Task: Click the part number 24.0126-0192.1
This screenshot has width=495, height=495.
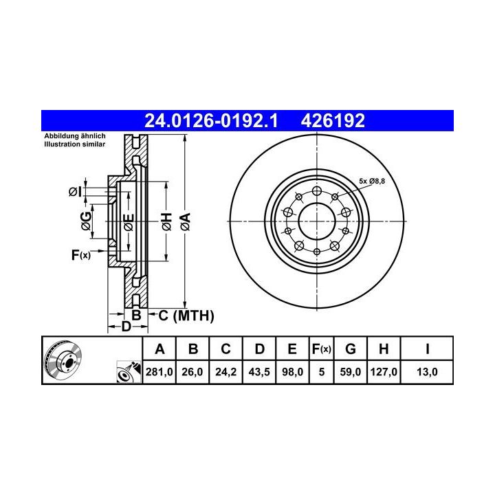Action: point(211,120)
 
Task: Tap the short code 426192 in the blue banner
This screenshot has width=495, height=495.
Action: point(333,120)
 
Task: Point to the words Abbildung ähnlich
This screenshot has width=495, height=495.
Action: point(75,136)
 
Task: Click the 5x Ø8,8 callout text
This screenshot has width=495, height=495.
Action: point(372,181)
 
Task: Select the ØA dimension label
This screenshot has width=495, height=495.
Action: point(186,221)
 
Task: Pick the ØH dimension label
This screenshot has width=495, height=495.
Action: point(166,221)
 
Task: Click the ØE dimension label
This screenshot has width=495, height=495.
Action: point(129,222)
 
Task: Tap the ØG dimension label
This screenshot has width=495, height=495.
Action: point(86,221)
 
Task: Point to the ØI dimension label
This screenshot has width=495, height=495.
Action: point(75,191)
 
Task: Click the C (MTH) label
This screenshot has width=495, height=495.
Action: point(186,316)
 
